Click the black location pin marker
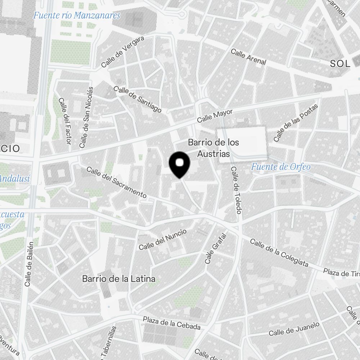tap(179, 164)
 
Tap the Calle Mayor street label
tap(215, 116)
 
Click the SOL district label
tap(340, 64)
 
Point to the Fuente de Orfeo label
tap(281, 167)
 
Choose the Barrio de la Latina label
tap(119, 279)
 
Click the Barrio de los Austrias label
tap(213, 148)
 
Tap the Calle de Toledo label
tap(236, 190)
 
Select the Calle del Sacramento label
tap(116, 182)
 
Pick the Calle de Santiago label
tap(137, 99)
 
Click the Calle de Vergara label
tap(123, 51)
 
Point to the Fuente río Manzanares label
tap(77, 15)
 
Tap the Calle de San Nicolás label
tap(87, 117)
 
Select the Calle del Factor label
tap(64, 121)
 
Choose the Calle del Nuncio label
tap(163, 240)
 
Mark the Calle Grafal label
tap(216, 248)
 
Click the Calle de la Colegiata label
tap(279, 253)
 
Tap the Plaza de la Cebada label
tap(172, 323)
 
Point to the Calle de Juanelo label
tap(294, 329)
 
